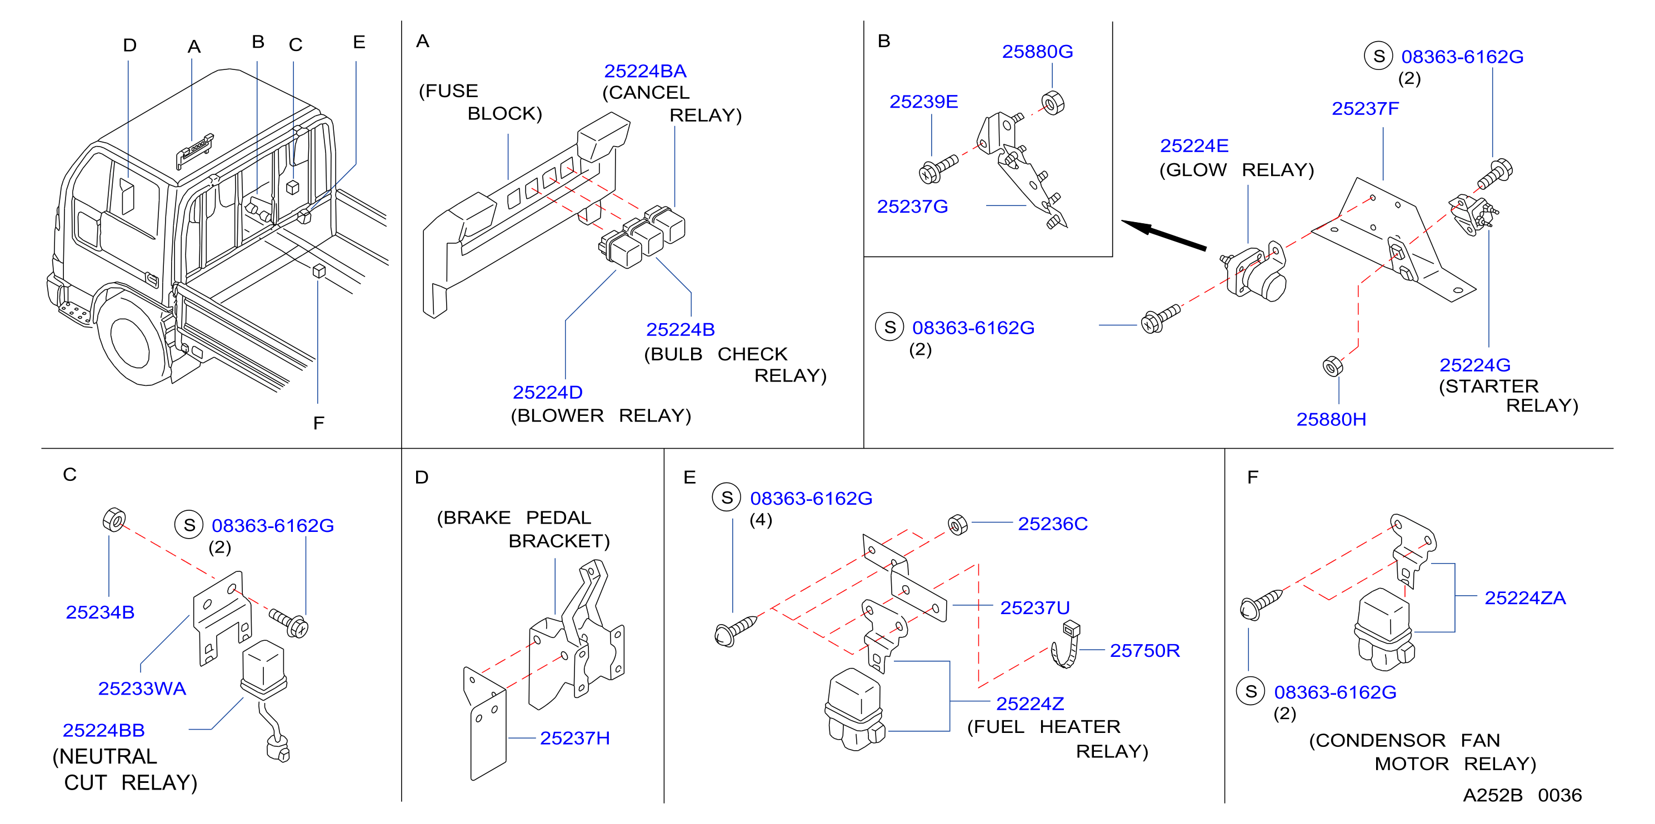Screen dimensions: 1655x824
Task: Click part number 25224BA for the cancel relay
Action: pos(645,71)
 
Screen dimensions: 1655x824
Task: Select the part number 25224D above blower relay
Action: pos(547,392)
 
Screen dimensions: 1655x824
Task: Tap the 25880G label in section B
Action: pos(1038,52)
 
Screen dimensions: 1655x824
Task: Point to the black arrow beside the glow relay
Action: pos(1163,234)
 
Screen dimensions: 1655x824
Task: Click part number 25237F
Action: pos(1365,108)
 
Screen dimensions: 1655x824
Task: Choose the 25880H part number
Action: pos(1331,419)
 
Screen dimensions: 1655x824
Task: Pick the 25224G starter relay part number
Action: pos(1475,365)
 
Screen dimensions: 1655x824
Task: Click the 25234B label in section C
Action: pos(100,612)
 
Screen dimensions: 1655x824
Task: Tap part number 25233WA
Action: pos(142,689)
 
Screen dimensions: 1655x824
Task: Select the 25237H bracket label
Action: pos(575,738)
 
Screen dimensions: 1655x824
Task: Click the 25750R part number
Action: pos(1145,651)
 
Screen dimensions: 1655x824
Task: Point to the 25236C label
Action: pos(1053,524)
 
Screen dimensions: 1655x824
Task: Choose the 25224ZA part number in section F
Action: pos(1525,598)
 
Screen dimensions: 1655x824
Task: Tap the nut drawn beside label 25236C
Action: pos(957,525)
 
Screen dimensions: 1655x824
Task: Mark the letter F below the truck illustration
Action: pos(319,423)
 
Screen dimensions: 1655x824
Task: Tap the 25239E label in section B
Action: pos(924,102)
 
